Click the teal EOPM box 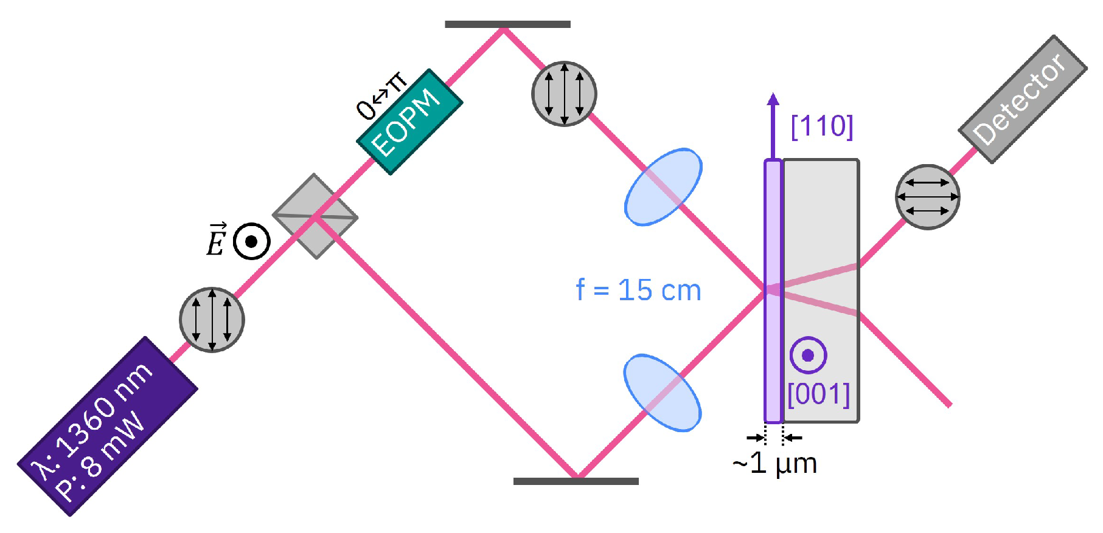tap(409, 122)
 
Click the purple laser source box tap(107, 426)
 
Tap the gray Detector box tap(1023, 99)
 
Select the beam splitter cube tap(315, 216)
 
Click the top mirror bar tap(507, 24)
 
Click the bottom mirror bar tap(576, 481)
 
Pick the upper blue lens tap(663, 187)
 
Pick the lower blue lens tap(663, 393)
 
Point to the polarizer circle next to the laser tap(212, 320)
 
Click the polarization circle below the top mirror tap(564, 94)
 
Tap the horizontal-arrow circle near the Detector tap(927, 197)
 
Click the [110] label tap(822, 126)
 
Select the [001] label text tap(818, 394)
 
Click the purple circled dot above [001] tap(808, 355)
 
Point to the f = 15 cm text tap(638, 290)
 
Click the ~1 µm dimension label tap(774, 463)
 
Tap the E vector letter tap(216, 241)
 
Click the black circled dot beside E tap(252, 241)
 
